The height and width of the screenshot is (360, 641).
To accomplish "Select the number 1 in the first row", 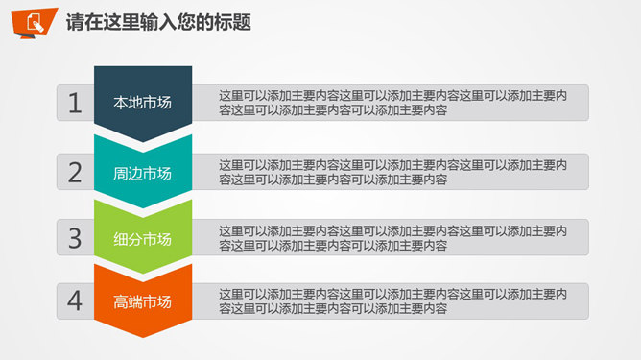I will click(x=75, y=104).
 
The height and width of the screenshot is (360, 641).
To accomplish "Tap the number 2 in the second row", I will click(x=75, y=173).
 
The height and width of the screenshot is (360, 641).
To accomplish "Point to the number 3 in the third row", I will click(x=75, y=237).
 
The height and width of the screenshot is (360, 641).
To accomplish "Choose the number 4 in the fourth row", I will click(x=75, y=301).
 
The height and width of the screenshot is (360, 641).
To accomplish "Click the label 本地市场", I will click(x=142, y=103).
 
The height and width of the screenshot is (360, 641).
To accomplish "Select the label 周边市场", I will click(x=142, y=174).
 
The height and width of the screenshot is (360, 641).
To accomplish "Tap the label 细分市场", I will click(x=142, y=238).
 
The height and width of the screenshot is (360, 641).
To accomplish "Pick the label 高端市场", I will click(x=142, y=301).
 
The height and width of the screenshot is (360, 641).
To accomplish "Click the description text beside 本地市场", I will click(x=392, y=103).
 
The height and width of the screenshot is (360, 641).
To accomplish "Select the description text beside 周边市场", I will click(x=392, y=172).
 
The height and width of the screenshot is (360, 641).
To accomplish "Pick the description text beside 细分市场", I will click(x=392, y=238).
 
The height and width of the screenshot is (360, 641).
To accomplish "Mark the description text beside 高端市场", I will click(x=392, y=301).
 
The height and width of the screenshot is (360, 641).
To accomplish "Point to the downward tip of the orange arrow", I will click(x=142, y=331).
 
